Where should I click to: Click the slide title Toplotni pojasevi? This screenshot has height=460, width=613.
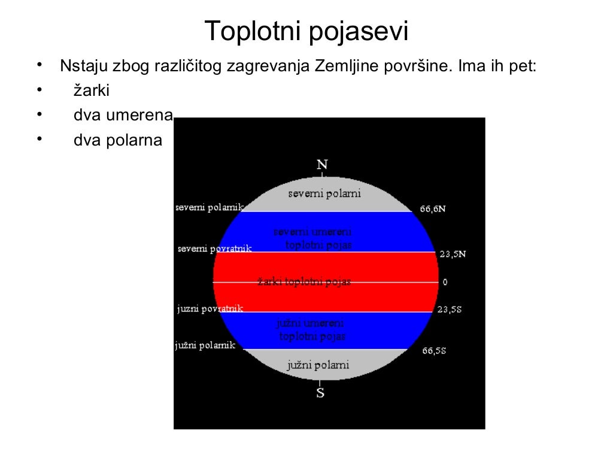pos(306,31)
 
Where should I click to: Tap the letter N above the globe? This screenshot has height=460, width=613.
pos(323,164)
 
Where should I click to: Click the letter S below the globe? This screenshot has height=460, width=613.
pos(321,394)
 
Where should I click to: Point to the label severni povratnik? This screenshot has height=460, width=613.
pos(214,249)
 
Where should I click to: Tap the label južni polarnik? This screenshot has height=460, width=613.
pos(205,346)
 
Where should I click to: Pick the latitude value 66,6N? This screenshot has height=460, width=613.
pos(432,209)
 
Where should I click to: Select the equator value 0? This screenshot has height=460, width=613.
pos(445,282)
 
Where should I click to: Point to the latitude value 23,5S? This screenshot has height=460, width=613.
pos(449,310)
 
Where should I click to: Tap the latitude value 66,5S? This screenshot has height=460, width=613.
pos(434,350)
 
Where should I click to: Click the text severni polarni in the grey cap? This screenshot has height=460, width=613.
pos(324,193)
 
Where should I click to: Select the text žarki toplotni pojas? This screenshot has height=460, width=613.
pos(304,282)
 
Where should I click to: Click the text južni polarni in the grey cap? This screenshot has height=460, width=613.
pos(317,365)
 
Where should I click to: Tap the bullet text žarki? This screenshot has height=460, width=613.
pos(92,90)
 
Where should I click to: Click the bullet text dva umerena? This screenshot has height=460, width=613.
pos(123,115)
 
